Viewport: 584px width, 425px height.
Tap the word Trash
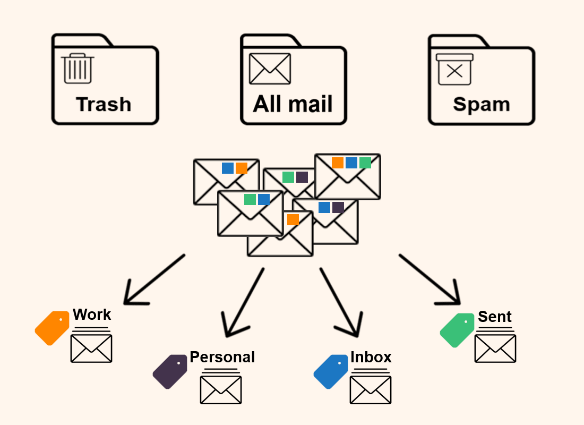(x=104, y=104)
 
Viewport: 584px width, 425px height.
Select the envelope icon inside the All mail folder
(x=270, y=69)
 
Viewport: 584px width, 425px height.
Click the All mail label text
(x=293, y=104)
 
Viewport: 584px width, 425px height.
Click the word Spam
(x=481, y=104)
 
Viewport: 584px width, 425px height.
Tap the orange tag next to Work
(x=52, y=328)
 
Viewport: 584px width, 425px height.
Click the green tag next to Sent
(x=457, y=330)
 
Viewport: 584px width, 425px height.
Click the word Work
(x=92, y=314)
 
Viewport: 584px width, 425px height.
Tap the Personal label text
(x=222, y=357)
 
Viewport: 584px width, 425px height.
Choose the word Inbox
(x=371, y=357)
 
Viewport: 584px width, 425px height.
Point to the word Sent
(x=494, y=317)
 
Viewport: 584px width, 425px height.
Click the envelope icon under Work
(x=91, y=348)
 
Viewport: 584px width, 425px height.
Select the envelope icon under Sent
(x=495, y=348)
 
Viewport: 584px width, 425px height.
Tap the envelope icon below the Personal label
(x=221, y=389)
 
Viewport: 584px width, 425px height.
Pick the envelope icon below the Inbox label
(x=371, y=389)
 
